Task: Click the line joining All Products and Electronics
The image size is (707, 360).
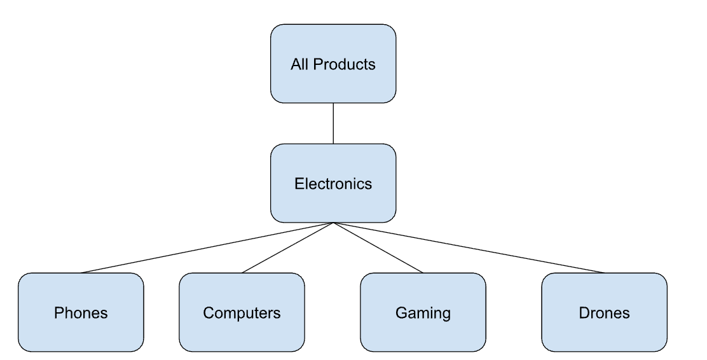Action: pos(333,123)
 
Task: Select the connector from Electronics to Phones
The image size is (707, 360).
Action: pos(207,247)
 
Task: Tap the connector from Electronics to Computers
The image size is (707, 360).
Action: pos(287,247)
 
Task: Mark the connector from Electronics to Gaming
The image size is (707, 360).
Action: pos(378,247)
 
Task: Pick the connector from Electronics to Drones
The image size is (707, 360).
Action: pos(469,247)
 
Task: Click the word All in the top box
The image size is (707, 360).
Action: pos(299,64)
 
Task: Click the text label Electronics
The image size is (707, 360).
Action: pos(333,184)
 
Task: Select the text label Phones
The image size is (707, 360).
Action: pos(81,313)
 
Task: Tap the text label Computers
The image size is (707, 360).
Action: pos(242,313)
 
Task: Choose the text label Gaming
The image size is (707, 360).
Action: pos(423,313)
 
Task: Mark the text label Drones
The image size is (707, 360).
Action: pos(604,313)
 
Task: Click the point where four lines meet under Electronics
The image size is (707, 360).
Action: pos(333,223)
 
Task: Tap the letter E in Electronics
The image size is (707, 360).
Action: pos(299,184)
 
